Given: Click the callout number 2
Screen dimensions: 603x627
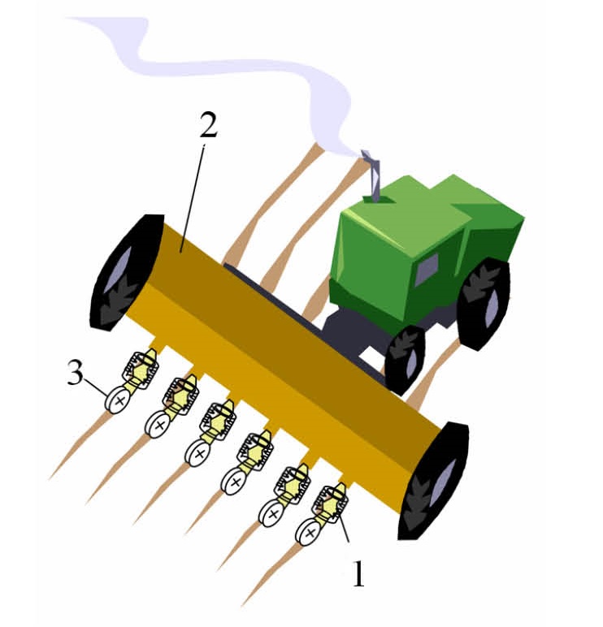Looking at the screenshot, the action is point(209,124).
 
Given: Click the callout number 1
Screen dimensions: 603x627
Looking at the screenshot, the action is point(359,573).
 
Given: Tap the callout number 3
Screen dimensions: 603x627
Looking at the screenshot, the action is point(76,371).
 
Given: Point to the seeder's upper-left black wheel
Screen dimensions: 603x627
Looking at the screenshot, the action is point(126,271).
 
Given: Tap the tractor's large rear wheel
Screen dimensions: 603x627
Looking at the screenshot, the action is point(484,304).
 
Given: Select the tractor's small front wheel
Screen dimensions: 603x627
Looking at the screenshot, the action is point(404,360).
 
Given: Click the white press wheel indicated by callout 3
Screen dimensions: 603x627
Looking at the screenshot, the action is point(118,400).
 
